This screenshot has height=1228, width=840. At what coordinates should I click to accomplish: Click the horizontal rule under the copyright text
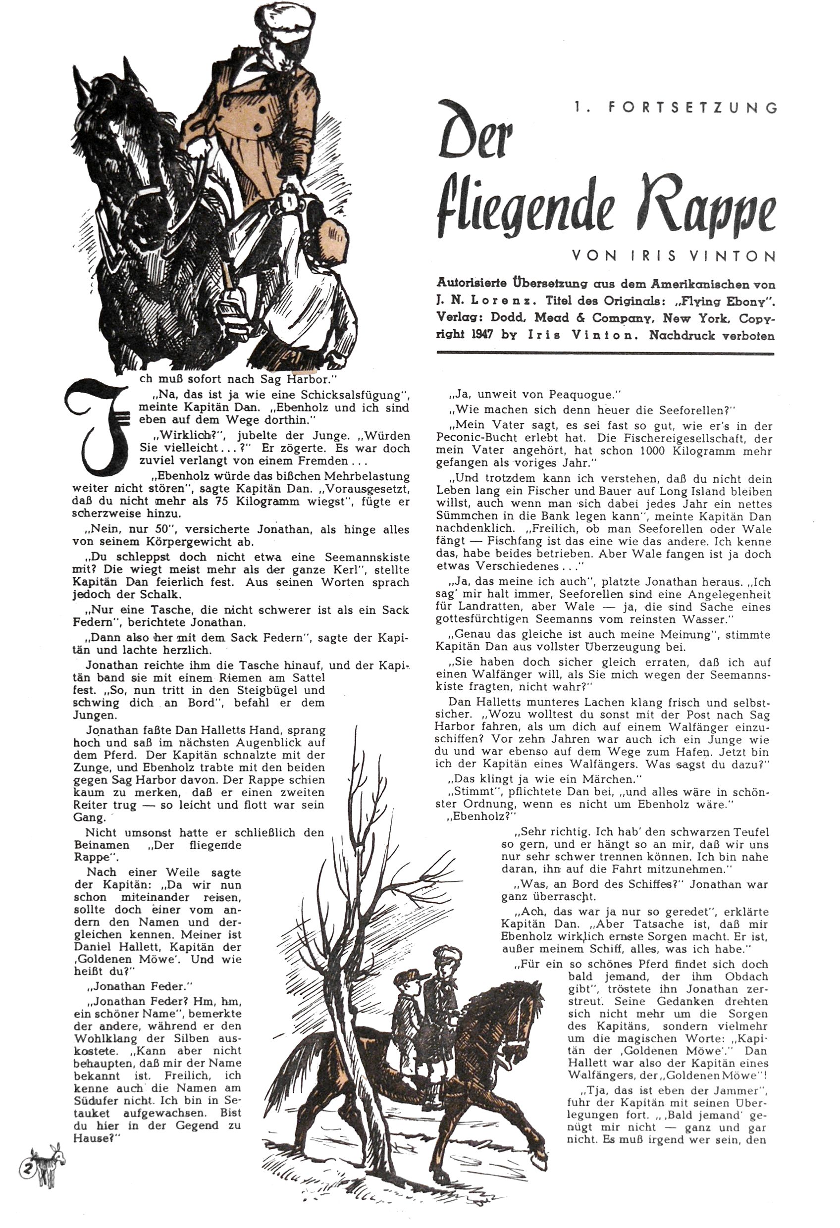(606, 353)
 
